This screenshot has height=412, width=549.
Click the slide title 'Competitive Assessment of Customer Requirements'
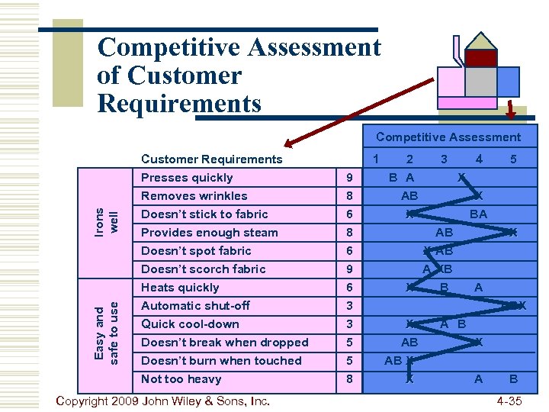point(239,75)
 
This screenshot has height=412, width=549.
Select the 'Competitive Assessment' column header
point(448,137)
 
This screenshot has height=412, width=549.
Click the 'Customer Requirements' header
point(211,159)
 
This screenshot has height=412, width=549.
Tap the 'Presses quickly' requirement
point(187,178)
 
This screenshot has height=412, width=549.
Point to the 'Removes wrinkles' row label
point(194,196)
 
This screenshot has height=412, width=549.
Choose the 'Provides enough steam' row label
point(210,233)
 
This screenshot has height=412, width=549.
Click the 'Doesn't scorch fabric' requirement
point(204,269)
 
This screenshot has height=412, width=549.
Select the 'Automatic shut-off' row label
point(195,306)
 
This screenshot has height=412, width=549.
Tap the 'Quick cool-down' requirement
point(190,324)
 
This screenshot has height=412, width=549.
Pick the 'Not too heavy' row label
point(181,379)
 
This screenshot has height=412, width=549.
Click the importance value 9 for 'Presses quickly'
point(348,178)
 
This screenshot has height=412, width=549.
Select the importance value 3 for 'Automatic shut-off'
point(348,306)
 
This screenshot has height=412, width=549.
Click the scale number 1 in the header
point(375,159)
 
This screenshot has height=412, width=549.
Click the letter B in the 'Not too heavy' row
point(513,379)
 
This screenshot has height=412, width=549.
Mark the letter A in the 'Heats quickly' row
point(478,288)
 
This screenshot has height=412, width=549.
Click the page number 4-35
point(509,400)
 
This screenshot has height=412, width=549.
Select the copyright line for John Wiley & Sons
point(163,400)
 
